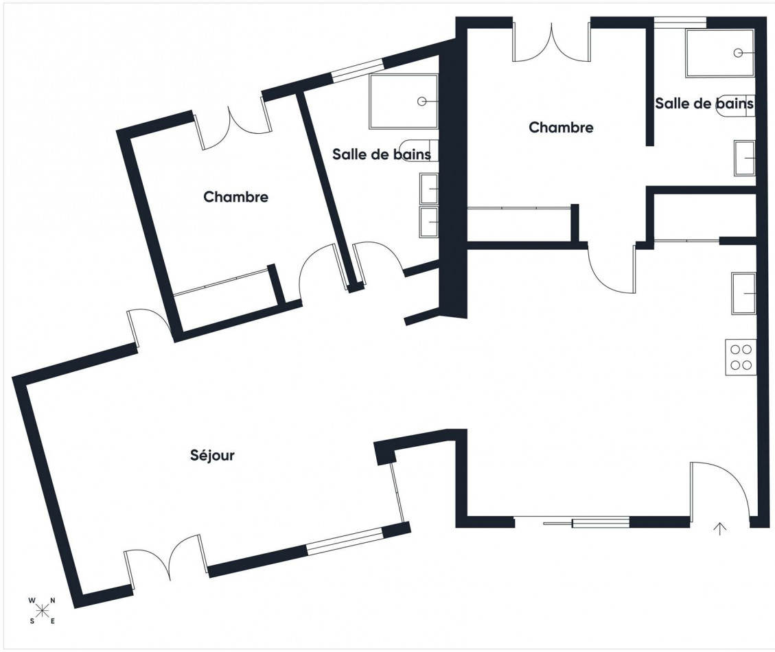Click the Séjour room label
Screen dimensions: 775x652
click(212, 455)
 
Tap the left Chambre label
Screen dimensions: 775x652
click(235, 197)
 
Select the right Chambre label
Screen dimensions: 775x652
click(561, 127)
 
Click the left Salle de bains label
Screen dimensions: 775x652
click(382, 154)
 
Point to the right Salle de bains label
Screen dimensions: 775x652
click(704, 104)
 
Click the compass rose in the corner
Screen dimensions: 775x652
click(42, 610)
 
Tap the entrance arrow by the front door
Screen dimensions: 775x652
click(720, 529)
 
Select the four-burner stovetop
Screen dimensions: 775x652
click(741, 358)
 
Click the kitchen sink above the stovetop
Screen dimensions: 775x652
click(744, 293)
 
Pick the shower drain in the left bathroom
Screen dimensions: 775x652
click(421, 102)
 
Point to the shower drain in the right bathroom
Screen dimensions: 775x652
click(739, 52)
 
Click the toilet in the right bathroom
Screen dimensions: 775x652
click(737, 105)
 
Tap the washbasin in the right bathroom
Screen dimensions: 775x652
click(745, 158)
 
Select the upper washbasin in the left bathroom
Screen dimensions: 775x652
click(429, 188)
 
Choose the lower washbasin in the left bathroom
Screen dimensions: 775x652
click(429, 222)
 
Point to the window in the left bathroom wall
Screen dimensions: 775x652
click(358, 69)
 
